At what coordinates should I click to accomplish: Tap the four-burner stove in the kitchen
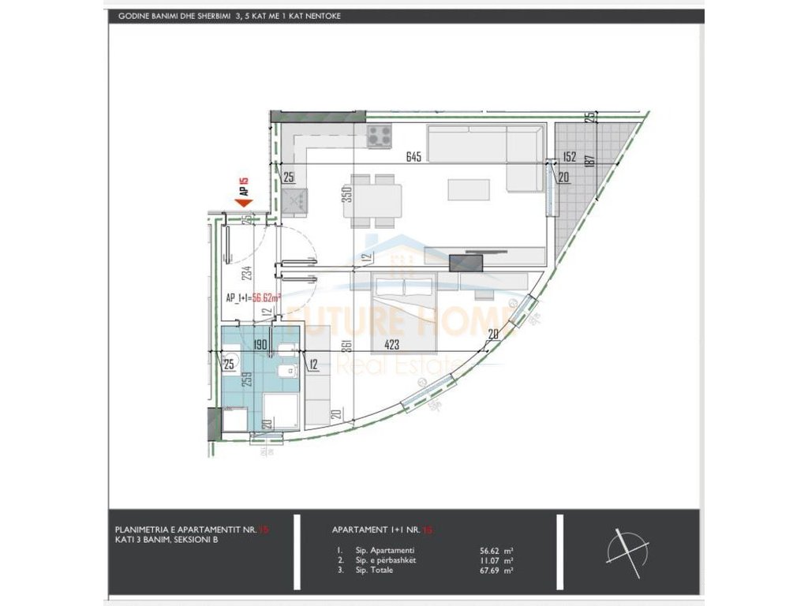pyautogui.click(x=379, y=136)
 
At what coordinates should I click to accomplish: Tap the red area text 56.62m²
pyautogui.click(x=267, y=298)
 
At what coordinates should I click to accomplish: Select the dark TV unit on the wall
pyautogui.click(x=461, y=263)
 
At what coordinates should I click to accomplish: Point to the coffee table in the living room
pyautogui.click(x=463, y=190)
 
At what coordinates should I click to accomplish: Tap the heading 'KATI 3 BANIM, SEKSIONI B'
pyautogui.click(x=166, y=541)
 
